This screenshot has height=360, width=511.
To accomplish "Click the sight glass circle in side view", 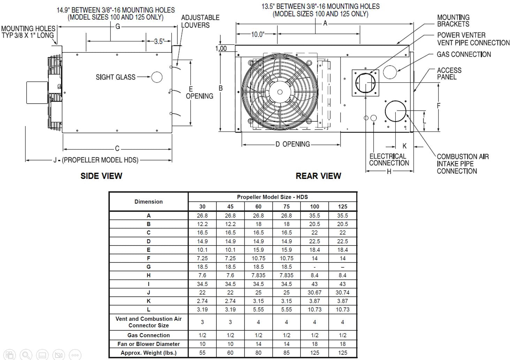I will pyautogui.click(x=157, y=77).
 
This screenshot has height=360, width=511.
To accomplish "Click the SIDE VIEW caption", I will pyautogui.click(x=101, y=176).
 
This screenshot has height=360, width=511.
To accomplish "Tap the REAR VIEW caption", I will pyautogui.click(x=318, y=176).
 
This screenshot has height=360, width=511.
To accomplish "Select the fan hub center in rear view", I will pyautogui.click(x=280, y=92).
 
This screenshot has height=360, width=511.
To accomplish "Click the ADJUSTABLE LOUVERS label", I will pyautogui.click(x=200, y=21).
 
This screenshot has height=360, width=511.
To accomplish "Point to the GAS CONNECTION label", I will pyautogui.click(x=464, y=54).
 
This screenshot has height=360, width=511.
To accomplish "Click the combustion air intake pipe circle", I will pyautogui.click(x=396, y=111).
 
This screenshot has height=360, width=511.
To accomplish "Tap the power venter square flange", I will pyautogui.click(x=365, y=83).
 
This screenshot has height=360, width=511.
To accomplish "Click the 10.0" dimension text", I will pyautogui.click(x=257, y=34).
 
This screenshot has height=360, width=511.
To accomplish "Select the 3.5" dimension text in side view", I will pyautogui.click(x=159, y=42).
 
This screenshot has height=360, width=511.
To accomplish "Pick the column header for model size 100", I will pyautogui.click(x=314, y=207).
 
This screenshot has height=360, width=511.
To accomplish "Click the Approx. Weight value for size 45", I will pyautogui.click(x=230, y=353).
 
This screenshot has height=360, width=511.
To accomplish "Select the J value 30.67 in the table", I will pyautogui.click(x=314, y=293).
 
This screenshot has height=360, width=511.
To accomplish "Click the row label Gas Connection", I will pyautogui.click(x=148, y=335).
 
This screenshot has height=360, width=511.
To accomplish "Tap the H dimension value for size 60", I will pyautogui.click(x=258, y=276).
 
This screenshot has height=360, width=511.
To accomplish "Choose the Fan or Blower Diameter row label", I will pyautogui.click(x=148, y=344).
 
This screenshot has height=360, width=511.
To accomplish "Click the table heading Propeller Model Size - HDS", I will pyautogui.click(x=272, y=197).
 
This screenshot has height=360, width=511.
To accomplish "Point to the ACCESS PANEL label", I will pyautogui.click(x=449, y=74).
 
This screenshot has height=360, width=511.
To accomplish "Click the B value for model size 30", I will pyautogui.click(x=202, y=224).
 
